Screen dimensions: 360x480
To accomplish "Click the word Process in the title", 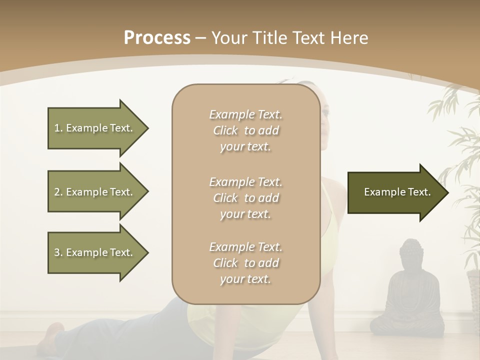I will tap(157, 38).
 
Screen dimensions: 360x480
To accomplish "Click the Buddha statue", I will tap(408, 292).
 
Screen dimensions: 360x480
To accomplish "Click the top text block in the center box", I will tap(245, 130).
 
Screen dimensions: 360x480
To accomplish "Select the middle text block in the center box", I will tap(245, 198).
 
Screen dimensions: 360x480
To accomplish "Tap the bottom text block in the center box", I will tap(245, 263).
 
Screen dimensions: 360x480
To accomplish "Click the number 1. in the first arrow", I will tap(58, 128).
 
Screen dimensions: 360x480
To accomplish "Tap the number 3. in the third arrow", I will tap(58, 252).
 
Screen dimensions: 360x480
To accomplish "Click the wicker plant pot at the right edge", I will tap(473, 290).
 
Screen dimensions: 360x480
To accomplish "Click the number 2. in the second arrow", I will tap(58, 192).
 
